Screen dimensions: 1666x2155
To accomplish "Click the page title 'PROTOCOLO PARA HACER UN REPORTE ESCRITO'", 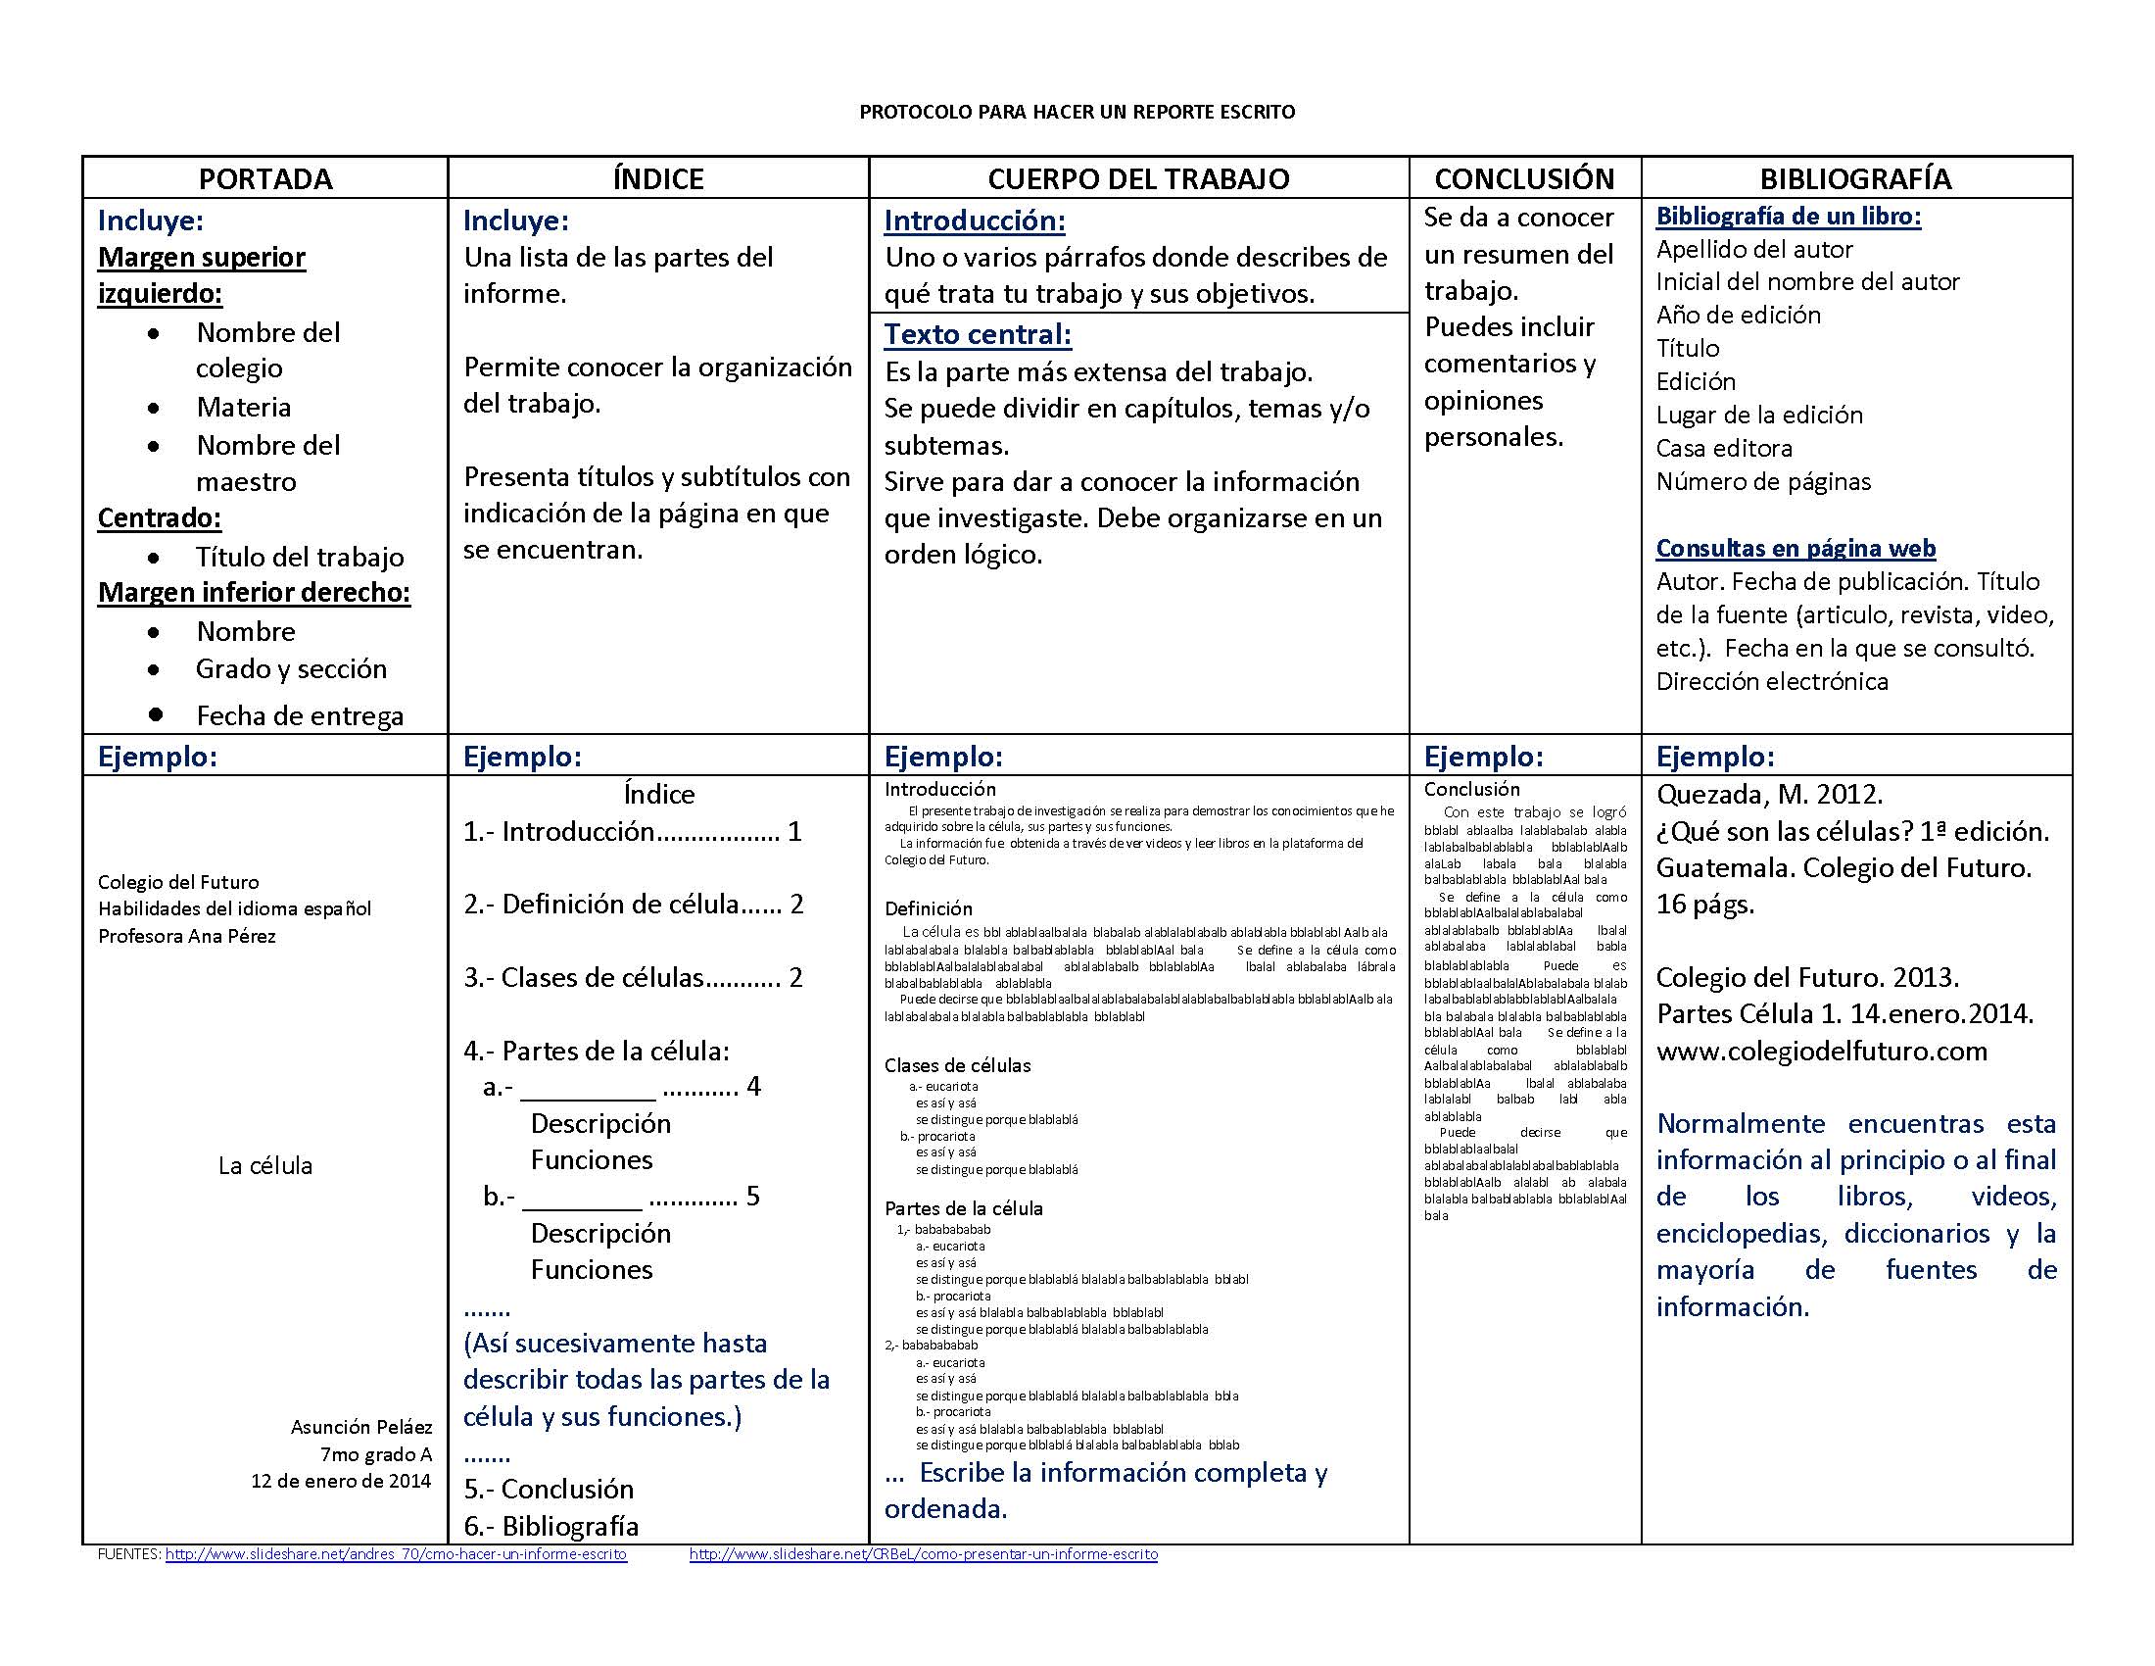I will click(1077, 112).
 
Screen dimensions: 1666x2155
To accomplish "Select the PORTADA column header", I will click(265, 178).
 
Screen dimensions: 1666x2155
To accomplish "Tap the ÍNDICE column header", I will click(658, 178).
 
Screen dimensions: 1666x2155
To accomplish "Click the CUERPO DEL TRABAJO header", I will click(1137, 178).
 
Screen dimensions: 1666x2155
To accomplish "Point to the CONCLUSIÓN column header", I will click(1523, 178).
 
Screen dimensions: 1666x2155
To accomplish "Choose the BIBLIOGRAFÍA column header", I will click(1855, 178).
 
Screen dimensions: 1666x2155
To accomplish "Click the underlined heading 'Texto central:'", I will click(977, 334).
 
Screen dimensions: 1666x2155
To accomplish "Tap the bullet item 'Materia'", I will click(243, 407).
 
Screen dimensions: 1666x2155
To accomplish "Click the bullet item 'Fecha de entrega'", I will click(299, 715).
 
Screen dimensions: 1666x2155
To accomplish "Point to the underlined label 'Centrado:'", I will click(159, 517).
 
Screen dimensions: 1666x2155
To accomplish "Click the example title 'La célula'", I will click(264, 1165).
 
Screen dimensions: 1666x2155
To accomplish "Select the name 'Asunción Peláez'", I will click(361, 1426).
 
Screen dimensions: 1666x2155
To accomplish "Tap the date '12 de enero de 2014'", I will click(341, 1481).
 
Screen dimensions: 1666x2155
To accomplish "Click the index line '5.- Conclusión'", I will click(549, 1489).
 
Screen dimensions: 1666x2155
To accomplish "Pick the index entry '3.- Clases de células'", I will click(632, 977).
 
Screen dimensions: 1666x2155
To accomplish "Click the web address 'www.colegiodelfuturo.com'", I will click(1822, 1051).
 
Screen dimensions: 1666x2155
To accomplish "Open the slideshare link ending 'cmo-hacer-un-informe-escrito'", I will click(396, 1553).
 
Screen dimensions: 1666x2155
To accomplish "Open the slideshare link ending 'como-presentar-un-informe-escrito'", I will click(923, 1553).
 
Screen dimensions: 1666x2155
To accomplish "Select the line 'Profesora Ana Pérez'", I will click(186, 936).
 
